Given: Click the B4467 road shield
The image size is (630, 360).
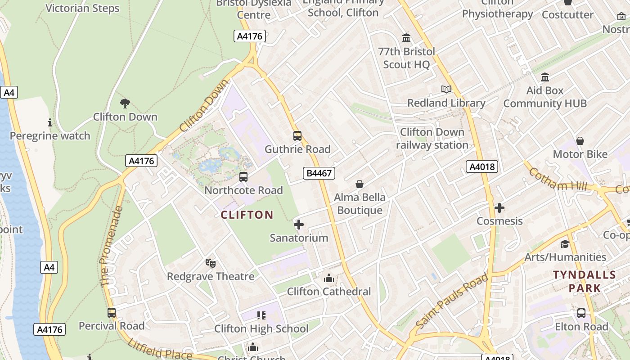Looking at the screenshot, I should coord(319,173).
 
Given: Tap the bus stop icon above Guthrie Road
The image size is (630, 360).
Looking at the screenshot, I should coord(297,135).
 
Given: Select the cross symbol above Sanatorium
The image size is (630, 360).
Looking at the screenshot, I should coord(298,224).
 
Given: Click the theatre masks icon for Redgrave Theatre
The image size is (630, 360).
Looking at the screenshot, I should coord(210,263).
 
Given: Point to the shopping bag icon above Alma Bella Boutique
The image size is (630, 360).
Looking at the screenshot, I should coord(360,184).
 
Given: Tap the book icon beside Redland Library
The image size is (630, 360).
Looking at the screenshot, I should coord(446,90).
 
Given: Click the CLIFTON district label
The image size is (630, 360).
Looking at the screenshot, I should coord(247,215).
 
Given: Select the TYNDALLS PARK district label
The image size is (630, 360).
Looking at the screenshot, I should coord(585,281).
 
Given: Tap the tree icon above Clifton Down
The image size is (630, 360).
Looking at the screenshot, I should coord(125,103).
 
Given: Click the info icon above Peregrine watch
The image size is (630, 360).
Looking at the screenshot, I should coord(50,122).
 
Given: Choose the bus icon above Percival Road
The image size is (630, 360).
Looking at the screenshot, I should coord(112,312).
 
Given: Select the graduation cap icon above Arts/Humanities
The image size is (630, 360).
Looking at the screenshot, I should coord(565,244).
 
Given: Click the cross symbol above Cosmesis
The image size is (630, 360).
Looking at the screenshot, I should coord(499,208).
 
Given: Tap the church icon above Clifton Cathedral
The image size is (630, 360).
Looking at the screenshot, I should coord(329,278).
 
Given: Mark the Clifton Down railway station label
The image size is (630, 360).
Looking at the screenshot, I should coord(432,139).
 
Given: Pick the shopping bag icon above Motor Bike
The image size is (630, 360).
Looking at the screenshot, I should coord(580,141).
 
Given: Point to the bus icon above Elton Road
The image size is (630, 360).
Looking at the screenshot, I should coord(581,313).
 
